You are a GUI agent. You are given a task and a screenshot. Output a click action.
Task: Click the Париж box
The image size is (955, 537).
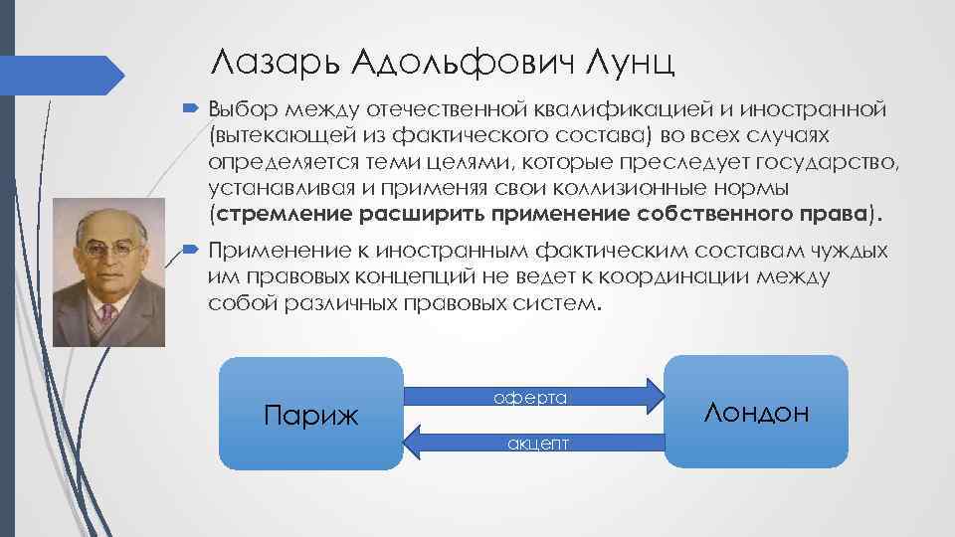coord(309,413)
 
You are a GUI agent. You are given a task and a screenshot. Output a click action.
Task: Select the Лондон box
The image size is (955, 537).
coord(756,412)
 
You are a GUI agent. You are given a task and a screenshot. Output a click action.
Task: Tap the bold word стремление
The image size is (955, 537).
coord(271,212)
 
